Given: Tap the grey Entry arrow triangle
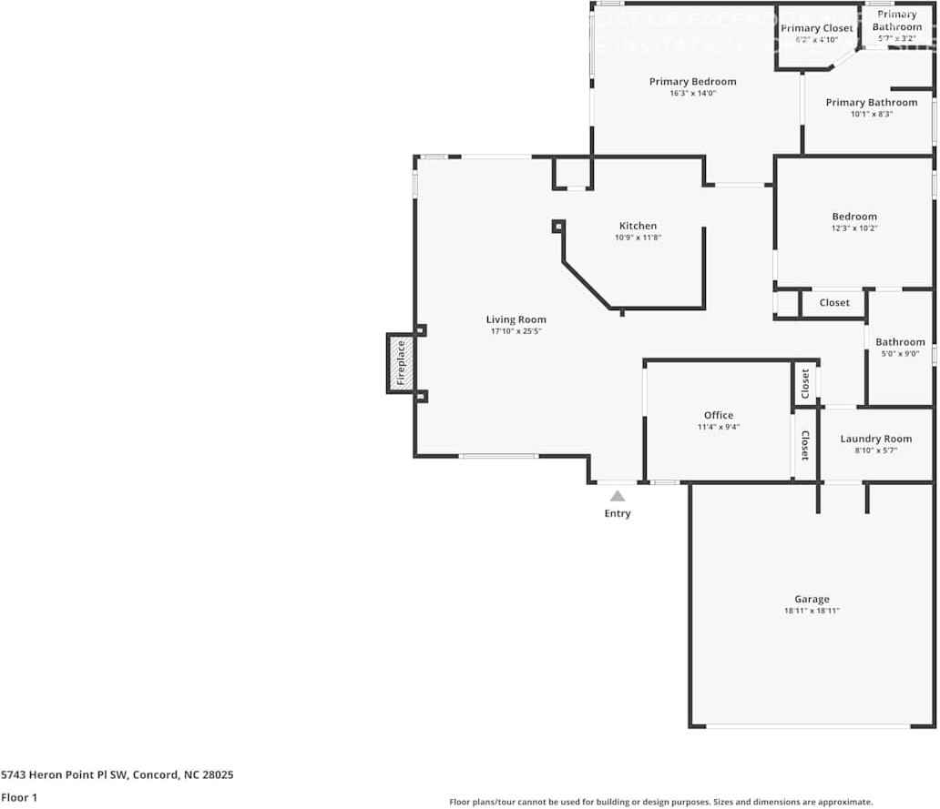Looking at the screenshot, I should pos(618,496).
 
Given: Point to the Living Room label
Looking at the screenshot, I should pos(516,319).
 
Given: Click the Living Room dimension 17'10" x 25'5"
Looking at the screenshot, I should pos(516,332).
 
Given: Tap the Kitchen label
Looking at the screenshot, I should pos(638,226).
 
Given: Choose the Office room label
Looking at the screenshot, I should pos(718,415).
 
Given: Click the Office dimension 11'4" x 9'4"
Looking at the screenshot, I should pos(718,427).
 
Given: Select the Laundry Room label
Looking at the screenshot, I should pos(875,439).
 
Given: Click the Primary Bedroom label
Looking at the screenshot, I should pos(692,82).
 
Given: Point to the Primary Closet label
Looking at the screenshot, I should pos(817,28).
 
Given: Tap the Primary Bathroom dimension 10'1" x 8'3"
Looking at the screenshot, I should pos(871,115).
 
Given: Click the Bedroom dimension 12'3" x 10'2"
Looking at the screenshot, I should pos(853,228).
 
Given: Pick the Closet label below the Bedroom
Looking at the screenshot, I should pos(833,303).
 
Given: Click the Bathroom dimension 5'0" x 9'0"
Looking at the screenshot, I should pos(900,354).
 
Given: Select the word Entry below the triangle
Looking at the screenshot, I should pos(617,513).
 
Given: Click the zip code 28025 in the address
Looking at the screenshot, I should pos(220,774).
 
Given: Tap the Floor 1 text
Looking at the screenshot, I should pos(19,797).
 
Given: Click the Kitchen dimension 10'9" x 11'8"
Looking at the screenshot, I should pos(638,238).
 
